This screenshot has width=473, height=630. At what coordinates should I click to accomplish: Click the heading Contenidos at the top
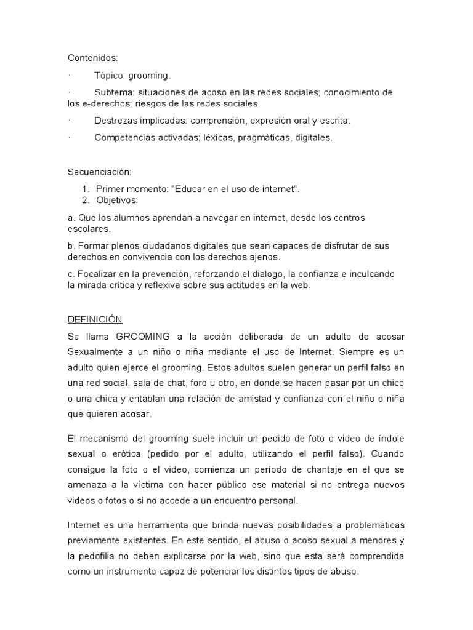click(x=92, y=58)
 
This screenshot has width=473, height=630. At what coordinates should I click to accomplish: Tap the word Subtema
click(x=112, y=92)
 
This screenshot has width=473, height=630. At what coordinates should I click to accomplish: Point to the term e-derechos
click(x=105, y=103)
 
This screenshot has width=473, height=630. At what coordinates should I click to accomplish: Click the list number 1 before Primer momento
click(x=85, y=189)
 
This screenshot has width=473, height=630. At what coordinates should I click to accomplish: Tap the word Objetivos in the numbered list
click(x=117, y=200)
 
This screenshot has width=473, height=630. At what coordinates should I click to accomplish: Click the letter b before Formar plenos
click(x=70, y=245)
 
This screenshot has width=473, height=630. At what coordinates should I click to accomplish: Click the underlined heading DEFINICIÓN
click(x=95, y=319)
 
